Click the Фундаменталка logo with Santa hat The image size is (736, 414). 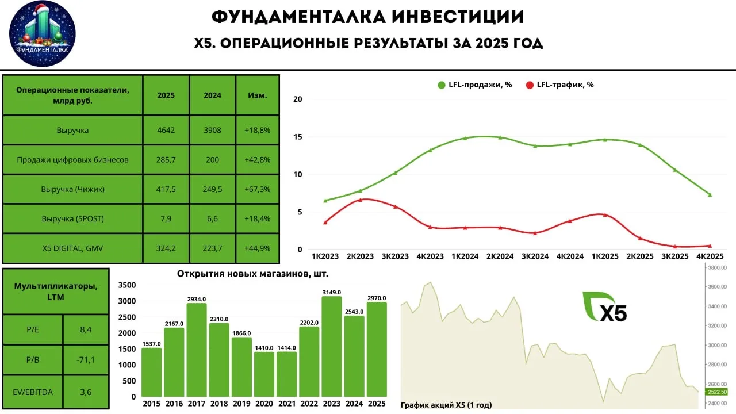coord(43,33)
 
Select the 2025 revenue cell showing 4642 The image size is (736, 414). coord(166,131)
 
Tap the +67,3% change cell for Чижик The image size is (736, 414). coord(258,189)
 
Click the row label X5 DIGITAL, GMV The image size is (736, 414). coord(73,248)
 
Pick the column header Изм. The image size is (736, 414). coord(258,95)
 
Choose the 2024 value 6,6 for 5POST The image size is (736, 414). coord(212,218)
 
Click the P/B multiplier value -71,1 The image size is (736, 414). coord(86,360)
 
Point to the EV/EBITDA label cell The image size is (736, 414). coord(33,392)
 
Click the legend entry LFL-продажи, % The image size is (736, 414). coord(474,85)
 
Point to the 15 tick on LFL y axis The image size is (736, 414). coord(297,137)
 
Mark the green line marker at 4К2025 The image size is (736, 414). coord(710,195)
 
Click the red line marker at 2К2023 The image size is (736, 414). coord(359,200)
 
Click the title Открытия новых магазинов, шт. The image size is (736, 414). coord(253,274)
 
